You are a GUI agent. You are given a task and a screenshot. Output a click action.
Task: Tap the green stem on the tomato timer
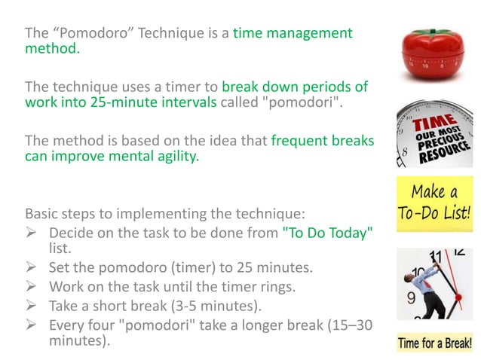[x=434, y=32]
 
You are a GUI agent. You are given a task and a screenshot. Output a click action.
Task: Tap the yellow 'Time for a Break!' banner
[x=434, y=344]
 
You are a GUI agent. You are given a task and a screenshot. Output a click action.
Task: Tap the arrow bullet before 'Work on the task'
[x=33, y=287]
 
